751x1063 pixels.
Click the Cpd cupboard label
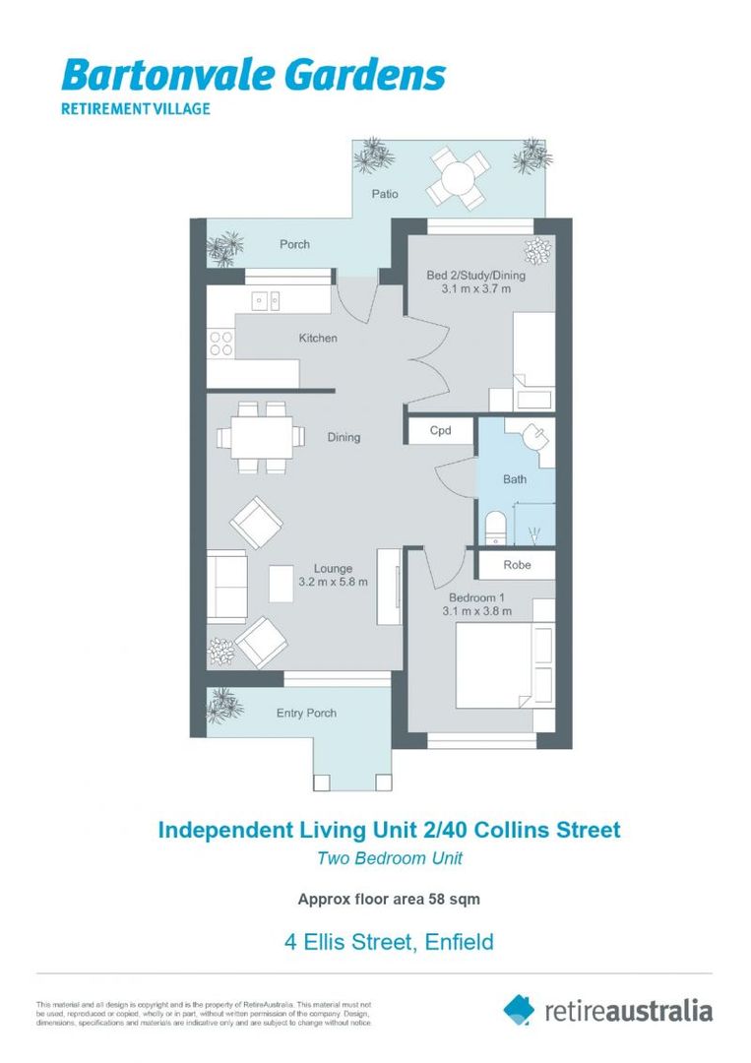(x=440, y=430)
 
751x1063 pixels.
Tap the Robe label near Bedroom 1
(x=517, y=565)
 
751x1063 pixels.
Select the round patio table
(x=458, y=178)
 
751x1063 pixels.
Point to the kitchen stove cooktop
(x=221, y=344)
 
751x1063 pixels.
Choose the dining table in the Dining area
(x=262, y=436)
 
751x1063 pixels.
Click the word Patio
(x=385, y=194)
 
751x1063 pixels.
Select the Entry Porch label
(x=307, y=713)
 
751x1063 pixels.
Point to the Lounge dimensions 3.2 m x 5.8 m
(x=333, y=582)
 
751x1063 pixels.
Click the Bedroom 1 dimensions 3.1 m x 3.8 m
(x=477, y=610)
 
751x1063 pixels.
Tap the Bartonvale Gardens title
(x=253, y=76)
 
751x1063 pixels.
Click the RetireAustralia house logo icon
(x=519, y=1009)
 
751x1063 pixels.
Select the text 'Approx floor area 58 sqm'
(x=389, y=898)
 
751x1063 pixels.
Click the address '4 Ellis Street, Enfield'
(x=389, y=942)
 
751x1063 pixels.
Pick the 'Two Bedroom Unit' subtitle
(x=389, y=857)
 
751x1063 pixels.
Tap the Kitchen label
(x=318, y=338)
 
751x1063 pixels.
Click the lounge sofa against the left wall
(x=226, y=586)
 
